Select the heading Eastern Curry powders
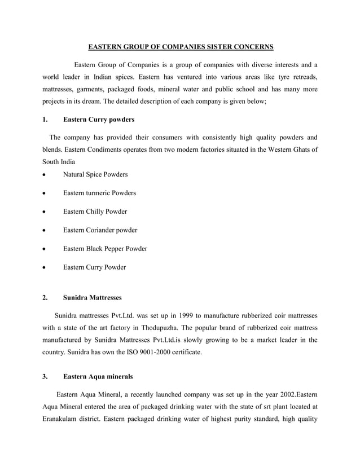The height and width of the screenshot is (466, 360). tap(98, 120)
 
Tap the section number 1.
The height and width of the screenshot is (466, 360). tap(45, 120)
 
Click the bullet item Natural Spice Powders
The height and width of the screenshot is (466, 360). tap(95, 174)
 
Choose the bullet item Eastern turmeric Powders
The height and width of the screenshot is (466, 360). tap(99, 193)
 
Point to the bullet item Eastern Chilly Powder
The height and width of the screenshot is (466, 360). tap(95, 212)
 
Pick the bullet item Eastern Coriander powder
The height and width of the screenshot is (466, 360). tap(100, 230)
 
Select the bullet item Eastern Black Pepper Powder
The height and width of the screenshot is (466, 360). tap(105, 249)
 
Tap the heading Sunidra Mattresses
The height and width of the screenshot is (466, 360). tap(92, 297)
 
